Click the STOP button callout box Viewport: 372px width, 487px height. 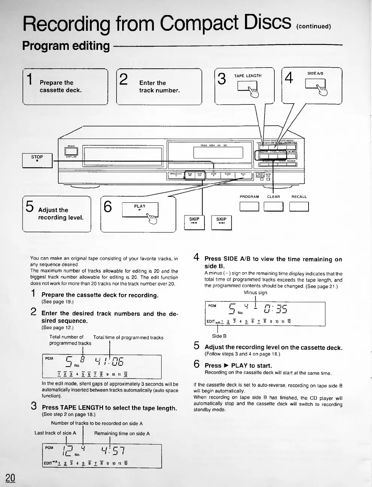coord(37,160)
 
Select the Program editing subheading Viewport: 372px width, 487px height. coord(66,46)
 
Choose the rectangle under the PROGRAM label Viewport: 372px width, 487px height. coord(249,207)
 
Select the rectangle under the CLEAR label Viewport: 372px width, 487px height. coord(273,207)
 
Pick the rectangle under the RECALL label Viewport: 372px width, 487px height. coord(299,207)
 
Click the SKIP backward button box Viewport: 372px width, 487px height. coord(194,223)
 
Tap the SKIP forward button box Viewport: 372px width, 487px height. coord(221,223)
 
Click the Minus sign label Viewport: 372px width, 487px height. coord(255,293)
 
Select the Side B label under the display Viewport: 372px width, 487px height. coord(219,336)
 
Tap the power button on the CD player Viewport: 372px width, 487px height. coord(71,151)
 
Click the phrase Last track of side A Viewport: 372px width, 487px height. coord(55,433)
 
